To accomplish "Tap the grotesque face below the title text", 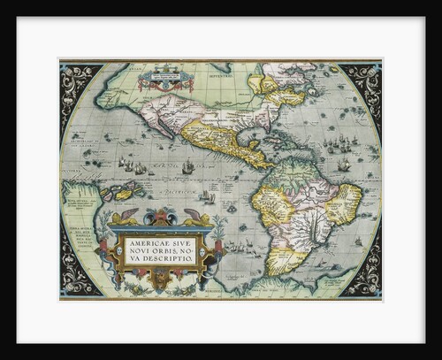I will click(x=160, y=281).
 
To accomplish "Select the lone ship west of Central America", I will click(x=187, y=165).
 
